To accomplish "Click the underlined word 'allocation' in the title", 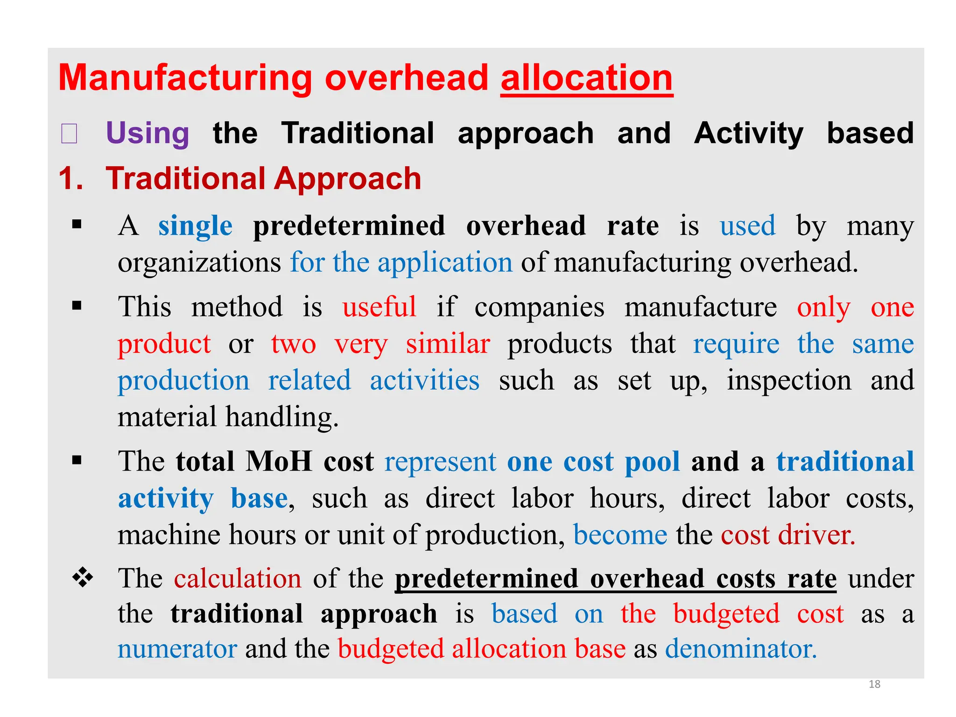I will (x=586, y=78).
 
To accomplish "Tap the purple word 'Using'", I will (x=148, y=133).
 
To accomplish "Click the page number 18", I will (x=874, y=684).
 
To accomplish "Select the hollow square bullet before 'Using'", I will (x=69, y=134).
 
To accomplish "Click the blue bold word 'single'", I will (x=195, y=226).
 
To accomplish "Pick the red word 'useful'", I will (x=379, y=307).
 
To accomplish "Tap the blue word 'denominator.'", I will (x=741, y=649).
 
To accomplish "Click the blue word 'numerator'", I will (x=177, y=649).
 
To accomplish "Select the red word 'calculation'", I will (x=238, y=578).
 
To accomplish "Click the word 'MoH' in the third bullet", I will (x=279, y=462).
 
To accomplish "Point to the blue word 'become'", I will (x=620, y=534).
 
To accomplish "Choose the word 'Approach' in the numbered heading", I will (x=348, y=178).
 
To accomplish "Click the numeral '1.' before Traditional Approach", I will (x=71, y=178).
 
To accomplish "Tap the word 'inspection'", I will (x=789, y=380).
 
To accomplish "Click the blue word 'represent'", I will (x=440, y=462).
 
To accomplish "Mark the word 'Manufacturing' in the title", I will (x=185, y=78).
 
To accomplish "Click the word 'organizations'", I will (x=199, y=262).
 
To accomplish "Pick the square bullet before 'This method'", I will (x=77, y=306).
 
